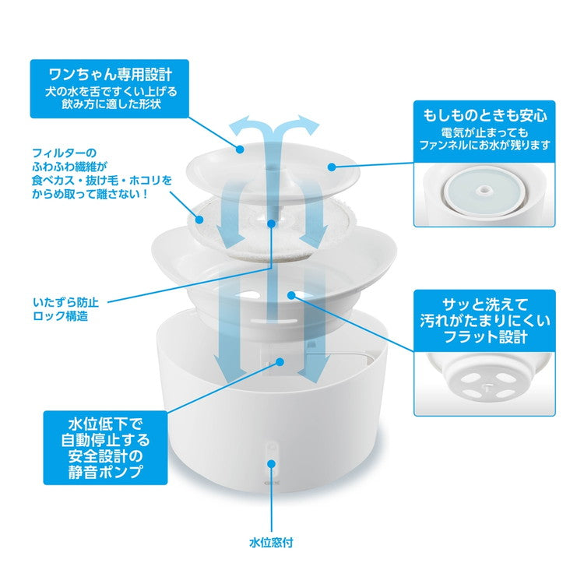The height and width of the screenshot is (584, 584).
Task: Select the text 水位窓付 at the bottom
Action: [x=271, y=542]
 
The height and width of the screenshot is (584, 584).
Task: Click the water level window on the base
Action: [x=272, y=453]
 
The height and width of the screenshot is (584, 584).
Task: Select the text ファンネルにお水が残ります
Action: [x=485, y=145]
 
